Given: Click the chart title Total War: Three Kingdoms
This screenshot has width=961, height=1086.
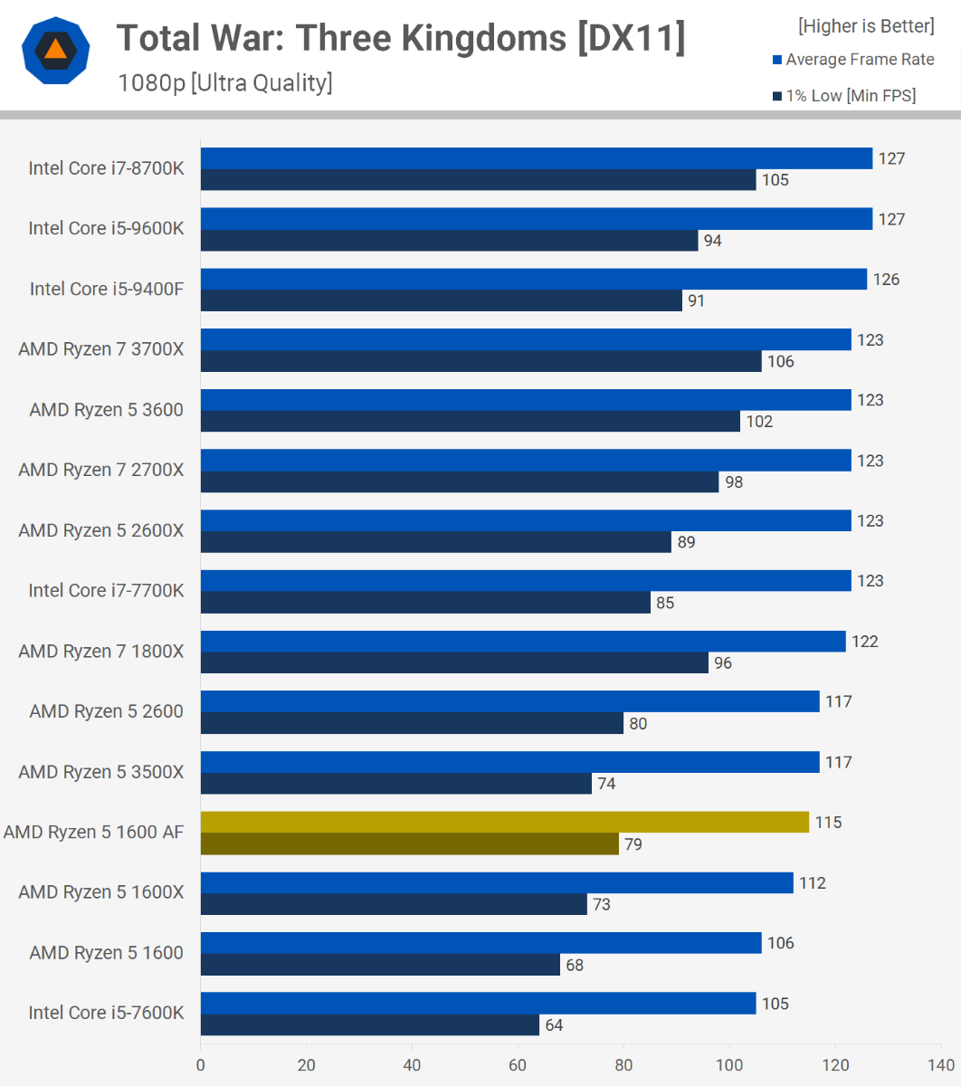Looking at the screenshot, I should tap(401, 38).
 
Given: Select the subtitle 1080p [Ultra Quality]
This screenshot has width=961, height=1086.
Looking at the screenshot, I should tap(225, 83).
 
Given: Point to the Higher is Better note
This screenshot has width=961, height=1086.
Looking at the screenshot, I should tap(866, 26).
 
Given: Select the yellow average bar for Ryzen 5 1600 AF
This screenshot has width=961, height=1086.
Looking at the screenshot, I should tap(504, 822).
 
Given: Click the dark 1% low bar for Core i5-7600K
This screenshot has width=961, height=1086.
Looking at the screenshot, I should tap(370, 1025).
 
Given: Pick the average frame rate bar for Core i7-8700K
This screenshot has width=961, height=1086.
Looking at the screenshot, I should tap(536, 158).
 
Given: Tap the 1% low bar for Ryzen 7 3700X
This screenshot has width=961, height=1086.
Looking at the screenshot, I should tap(480, 361).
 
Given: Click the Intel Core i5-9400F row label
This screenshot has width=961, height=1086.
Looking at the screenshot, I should tap(107, 289).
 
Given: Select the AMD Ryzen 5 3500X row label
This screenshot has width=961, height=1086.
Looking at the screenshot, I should tap(101, 772).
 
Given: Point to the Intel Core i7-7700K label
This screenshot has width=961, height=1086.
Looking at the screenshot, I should tap(106, 590).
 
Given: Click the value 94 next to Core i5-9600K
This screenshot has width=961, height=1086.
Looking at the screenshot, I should tap(713, 241).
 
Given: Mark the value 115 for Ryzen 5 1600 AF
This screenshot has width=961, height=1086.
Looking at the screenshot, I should tap(828, 823).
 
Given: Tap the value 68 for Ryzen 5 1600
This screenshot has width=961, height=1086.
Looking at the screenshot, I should tap(575, 965).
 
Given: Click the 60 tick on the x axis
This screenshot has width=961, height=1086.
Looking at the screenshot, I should tap(518, 1065).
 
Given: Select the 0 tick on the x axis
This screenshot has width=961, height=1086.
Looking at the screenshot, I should tap(201, 1065).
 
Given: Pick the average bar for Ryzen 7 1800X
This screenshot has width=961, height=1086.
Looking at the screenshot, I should tap(523, 642).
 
